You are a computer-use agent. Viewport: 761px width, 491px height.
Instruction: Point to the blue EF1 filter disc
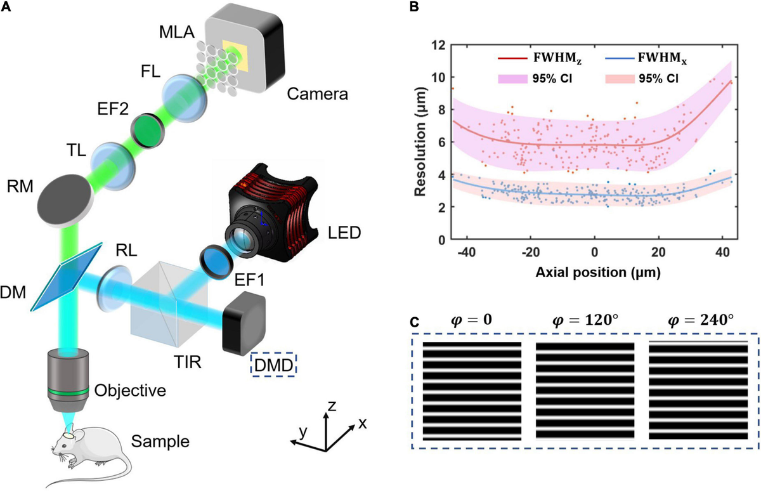[x=213, y=260]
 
